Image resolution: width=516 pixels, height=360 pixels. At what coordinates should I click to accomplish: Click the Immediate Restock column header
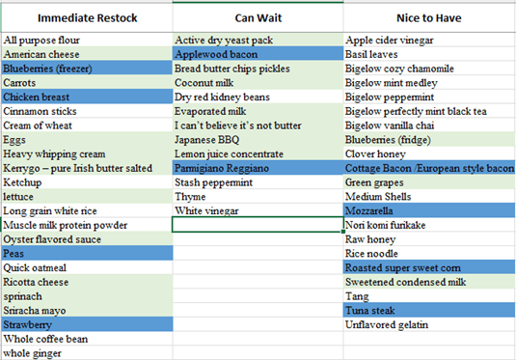(87, 17)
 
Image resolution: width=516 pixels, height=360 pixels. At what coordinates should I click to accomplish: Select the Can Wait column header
(258, 17)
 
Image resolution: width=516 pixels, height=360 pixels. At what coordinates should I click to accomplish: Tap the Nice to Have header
(429, 17)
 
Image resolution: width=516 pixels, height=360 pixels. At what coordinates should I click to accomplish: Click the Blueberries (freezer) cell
(87, 69)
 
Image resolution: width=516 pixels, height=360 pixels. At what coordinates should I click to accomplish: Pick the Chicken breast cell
(87, 97)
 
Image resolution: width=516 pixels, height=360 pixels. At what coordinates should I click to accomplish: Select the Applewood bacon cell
(258, 54)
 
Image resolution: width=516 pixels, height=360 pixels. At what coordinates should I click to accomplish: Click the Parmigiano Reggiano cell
(258, 168)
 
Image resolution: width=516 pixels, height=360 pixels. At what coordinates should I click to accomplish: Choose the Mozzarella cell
(429, 210)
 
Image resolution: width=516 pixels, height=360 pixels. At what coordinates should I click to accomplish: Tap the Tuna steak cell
(429, 310)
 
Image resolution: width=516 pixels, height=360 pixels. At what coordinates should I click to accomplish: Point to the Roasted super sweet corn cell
(429, 267)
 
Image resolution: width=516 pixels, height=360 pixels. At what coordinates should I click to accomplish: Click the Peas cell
(87, 253)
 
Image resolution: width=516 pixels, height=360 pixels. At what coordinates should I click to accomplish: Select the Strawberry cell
(87, 324)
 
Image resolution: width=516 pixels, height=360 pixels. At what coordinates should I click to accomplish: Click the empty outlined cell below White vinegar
(258, 225)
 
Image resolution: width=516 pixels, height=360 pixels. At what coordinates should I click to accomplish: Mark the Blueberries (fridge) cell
(429, 140)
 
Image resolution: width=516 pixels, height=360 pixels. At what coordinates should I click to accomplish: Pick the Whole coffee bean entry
(45, 339)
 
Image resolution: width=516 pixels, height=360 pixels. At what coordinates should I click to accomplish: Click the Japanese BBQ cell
(258, 140)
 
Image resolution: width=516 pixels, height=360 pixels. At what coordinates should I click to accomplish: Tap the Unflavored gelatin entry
(387, 324)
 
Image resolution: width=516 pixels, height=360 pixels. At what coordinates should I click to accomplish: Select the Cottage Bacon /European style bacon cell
(429, 168)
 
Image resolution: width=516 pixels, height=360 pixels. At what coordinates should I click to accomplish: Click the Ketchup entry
(22, 182)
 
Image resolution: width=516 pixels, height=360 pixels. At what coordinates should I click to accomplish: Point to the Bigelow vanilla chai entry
(390, 125)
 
